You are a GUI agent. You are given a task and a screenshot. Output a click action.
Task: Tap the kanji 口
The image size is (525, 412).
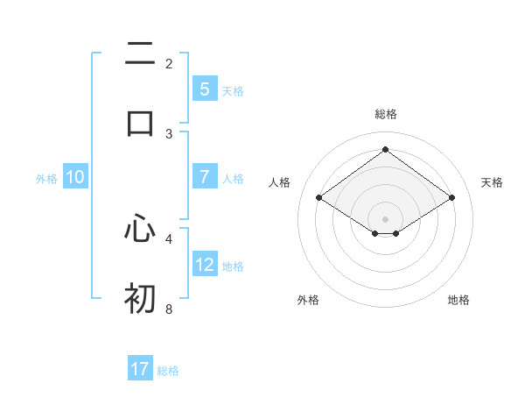click(x=140, y=123)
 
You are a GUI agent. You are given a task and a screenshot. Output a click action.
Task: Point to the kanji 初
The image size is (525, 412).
click(x=140, y=298)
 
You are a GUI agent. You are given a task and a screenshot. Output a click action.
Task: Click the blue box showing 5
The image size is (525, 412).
click(x=204, y=89)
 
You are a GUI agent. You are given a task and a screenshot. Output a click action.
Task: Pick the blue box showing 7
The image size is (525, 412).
click(x=204, y=177)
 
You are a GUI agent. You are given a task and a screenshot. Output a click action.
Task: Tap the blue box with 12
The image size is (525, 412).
click(x=204, y=265)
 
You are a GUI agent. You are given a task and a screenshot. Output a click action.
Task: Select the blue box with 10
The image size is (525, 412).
click(x=75, y=177)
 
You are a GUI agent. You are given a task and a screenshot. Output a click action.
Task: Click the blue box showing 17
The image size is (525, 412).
click(x=140, y=369)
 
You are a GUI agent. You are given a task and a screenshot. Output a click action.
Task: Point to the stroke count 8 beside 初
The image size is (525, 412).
click(x=169, y=309)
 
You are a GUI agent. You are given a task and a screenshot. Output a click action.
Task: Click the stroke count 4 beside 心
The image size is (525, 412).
click(x=169, y=238)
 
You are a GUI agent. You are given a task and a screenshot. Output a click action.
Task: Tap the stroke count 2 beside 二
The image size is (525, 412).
click(x=169, y=64)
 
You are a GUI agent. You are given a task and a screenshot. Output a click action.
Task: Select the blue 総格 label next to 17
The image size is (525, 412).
click(x=168, y=371)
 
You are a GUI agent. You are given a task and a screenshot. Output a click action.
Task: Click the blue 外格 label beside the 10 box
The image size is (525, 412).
click(x=46, y=179)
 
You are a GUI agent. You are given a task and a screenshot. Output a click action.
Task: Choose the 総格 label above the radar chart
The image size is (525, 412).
click(x=385, y=114)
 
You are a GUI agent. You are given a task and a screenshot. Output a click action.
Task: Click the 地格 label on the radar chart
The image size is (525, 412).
click(x=458, y=300)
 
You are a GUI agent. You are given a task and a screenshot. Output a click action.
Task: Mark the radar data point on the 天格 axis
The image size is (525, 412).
click(x=451, y=198)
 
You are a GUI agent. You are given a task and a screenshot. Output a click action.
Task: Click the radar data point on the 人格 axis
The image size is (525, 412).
click(x=318, y=198)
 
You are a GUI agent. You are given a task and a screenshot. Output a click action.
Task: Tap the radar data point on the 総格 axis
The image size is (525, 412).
click(x=385, y=149)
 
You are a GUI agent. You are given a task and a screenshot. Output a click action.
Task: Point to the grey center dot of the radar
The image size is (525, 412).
click(x=385, y=218)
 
